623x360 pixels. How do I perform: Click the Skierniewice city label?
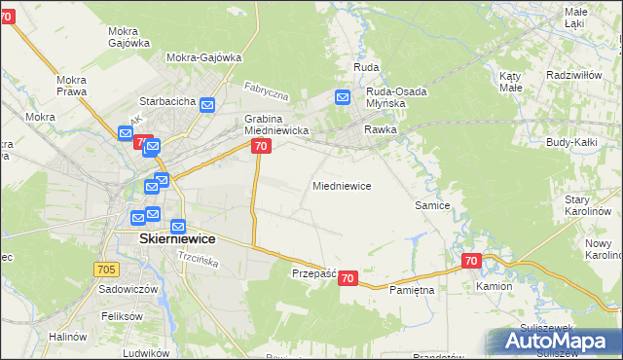pyautogui.click(x=164, y=238)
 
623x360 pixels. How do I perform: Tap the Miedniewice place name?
pyautogui.click(x=341, y=185)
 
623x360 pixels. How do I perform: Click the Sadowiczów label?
pyautogui.click(x=128, y=289)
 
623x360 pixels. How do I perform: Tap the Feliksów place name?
pyautogui.click(x=122, y=316)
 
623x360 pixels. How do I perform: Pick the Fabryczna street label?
pyautogui.click(x=267, y=90)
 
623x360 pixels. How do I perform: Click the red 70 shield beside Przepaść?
pyautogui.click(x=349, y=279)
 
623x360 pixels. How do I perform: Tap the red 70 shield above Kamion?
pyautogui.click(x=471, y=261)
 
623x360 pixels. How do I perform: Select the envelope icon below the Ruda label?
pyautogui.click(x=343, y=97)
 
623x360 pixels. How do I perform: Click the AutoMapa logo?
pyautogui.click(x=554, y=340)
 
